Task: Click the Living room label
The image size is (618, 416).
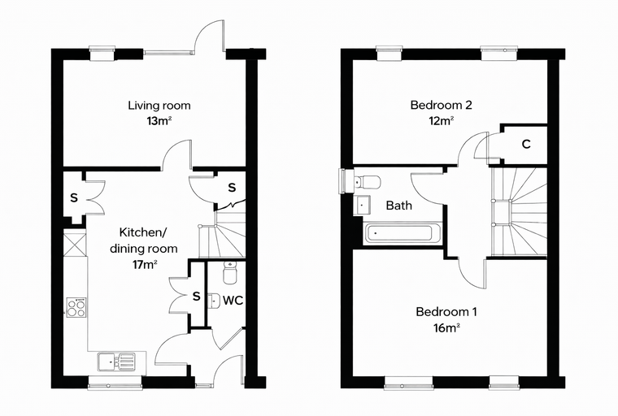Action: point(159,105)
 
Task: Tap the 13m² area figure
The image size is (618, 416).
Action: point(159,120)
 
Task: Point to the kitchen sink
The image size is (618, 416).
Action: point(116,362)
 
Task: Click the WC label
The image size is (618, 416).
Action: point(233,301)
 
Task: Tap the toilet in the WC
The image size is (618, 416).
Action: point(229,272)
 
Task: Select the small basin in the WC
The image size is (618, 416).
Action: point(213,301)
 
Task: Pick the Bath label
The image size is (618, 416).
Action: point(399,206)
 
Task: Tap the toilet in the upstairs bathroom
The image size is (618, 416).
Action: point(368,182)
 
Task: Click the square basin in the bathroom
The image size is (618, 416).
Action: point(363,205)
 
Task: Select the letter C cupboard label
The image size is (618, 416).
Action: point(526,144)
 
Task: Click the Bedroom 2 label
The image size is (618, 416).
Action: point(441,105)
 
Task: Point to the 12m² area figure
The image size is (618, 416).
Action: point(441,120)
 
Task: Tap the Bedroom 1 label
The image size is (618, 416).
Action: point(446,312)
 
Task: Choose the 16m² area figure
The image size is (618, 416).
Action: point(446,327)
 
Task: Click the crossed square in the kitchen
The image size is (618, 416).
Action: point(75,245)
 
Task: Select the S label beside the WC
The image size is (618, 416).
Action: point(196,296)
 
